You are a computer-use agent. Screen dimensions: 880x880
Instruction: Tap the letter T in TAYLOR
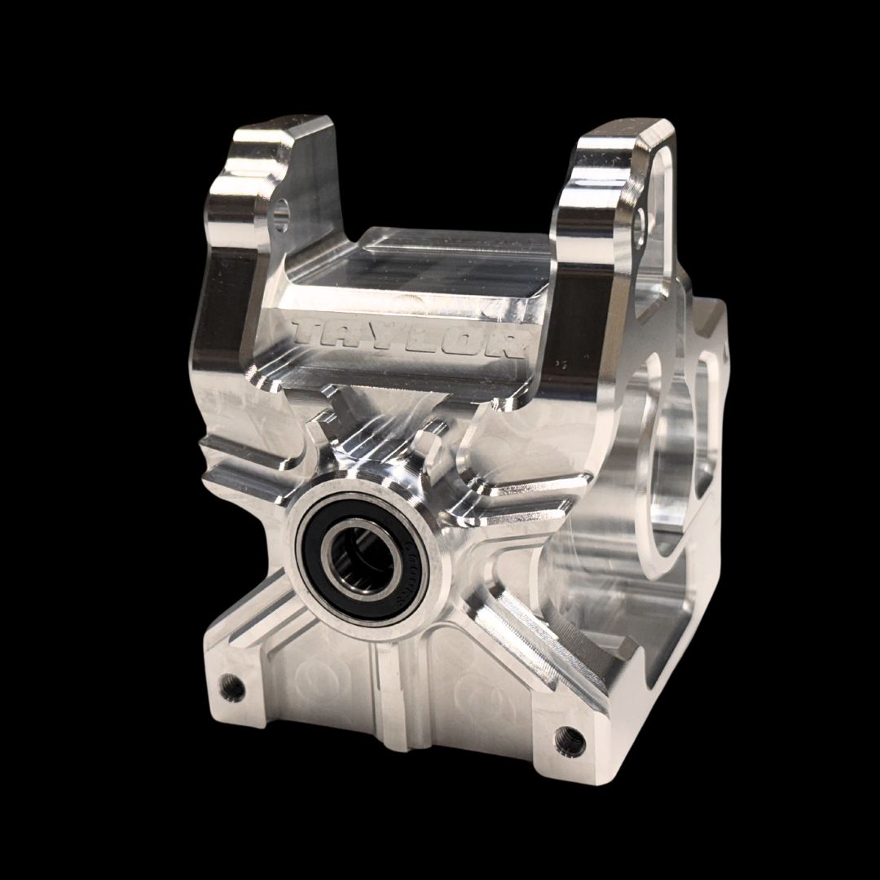310,330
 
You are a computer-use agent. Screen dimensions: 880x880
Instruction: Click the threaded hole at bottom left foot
233,687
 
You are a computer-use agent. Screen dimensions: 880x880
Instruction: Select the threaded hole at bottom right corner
570,740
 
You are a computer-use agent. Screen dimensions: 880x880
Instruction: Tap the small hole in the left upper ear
282,214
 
